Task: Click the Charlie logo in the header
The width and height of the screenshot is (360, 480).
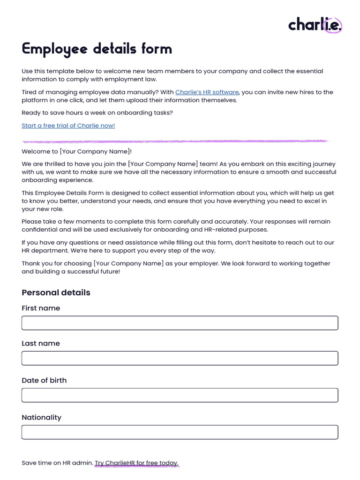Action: [x=315, y=24]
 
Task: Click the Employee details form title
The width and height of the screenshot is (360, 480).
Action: [x=97, y=49]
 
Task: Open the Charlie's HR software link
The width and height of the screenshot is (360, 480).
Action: [x=207, y=92]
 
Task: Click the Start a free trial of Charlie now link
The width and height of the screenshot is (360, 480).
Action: [x=68, y=126]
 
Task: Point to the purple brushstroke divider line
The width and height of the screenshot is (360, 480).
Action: [x=175, y=141]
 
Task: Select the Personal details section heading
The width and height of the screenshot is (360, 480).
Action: [x=56, y=292]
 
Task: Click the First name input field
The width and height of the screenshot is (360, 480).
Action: [x=180, y=323]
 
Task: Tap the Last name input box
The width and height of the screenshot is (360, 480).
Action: [x=180, y=358]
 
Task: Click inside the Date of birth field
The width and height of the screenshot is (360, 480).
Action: [x=180, y=395]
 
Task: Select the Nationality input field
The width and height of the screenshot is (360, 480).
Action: [x=180, y=432]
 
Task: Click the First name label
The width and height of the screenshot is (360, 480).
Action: [x=41, y=308]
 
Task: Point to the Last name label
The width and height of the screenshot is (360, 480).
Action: [x=41, y=344]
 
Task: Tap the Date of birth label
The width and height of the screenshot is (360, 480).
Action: [x=44, y=381]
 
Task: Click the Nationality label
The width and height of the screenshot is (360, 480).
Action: [x=41, y=418]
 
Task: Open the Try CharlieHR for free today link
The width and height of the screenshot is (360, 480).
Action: [x=136, y=463]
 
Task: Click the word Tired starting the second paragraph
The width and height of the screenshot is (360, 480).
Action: [x=30, y=92]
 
